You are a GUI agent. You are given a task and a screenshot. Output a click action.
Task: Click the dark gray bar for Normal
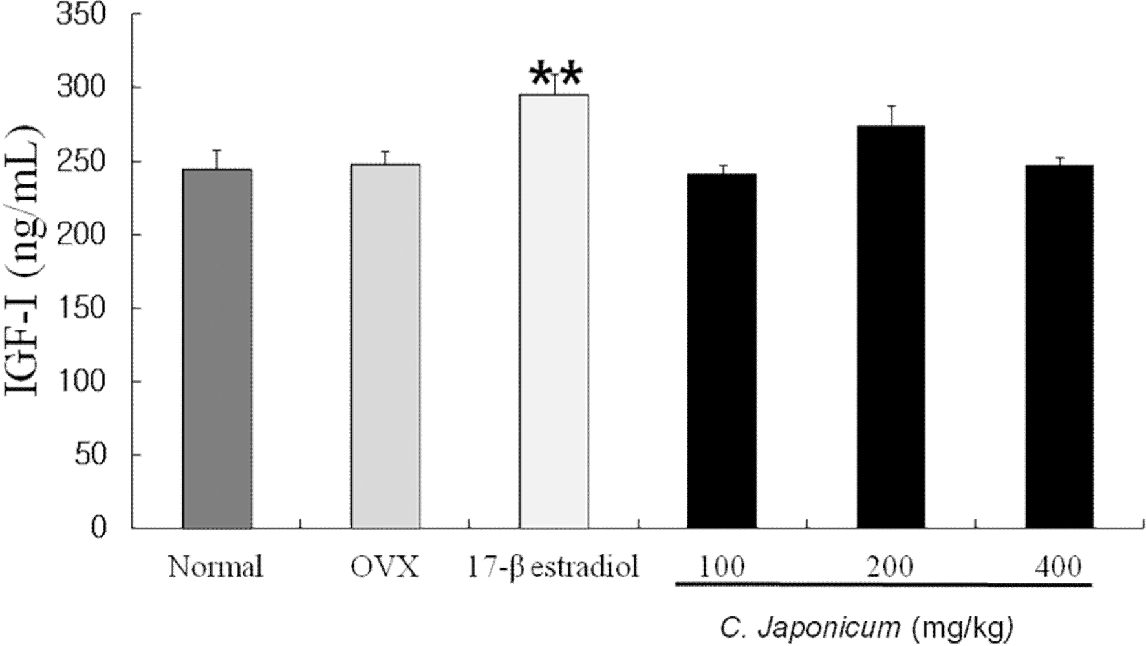coord(217,349)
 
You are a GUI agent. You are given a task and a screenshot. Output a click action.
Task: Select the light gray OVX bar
coord(385,347)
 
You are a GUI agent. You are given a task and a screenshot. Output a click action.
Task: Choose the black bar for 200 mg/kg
coord(891,327)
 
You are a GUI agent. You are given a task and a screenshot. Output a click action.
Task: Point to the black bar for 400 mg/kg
coord(1059,347)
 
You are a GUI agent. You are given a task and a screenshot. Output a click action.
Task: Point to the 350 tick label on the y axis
coord(81,14)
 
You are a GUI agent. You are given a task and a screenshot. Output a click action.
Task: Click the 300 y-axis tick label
coord(81,87)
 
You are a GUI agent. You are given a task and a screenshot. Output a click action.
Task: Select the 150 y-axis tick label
coord(81,308)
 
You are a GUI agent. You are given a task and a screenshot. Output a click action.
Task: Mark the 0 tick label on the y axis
coord(98,528)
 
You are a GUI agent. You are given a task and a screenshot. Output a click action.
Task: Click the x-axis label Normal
coord(216,568)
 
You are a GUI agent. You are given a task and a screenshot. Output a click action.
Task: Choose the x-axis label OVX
coord(385,568)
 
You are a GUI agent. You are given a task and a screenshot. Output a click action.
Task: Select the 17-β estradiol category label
coord(553,568)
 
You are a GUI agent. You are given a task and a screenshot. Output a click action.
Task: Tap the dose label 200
coord(891,568)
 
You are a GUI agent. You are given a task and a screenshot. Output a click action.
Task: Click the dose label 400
coord(1058,568)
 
